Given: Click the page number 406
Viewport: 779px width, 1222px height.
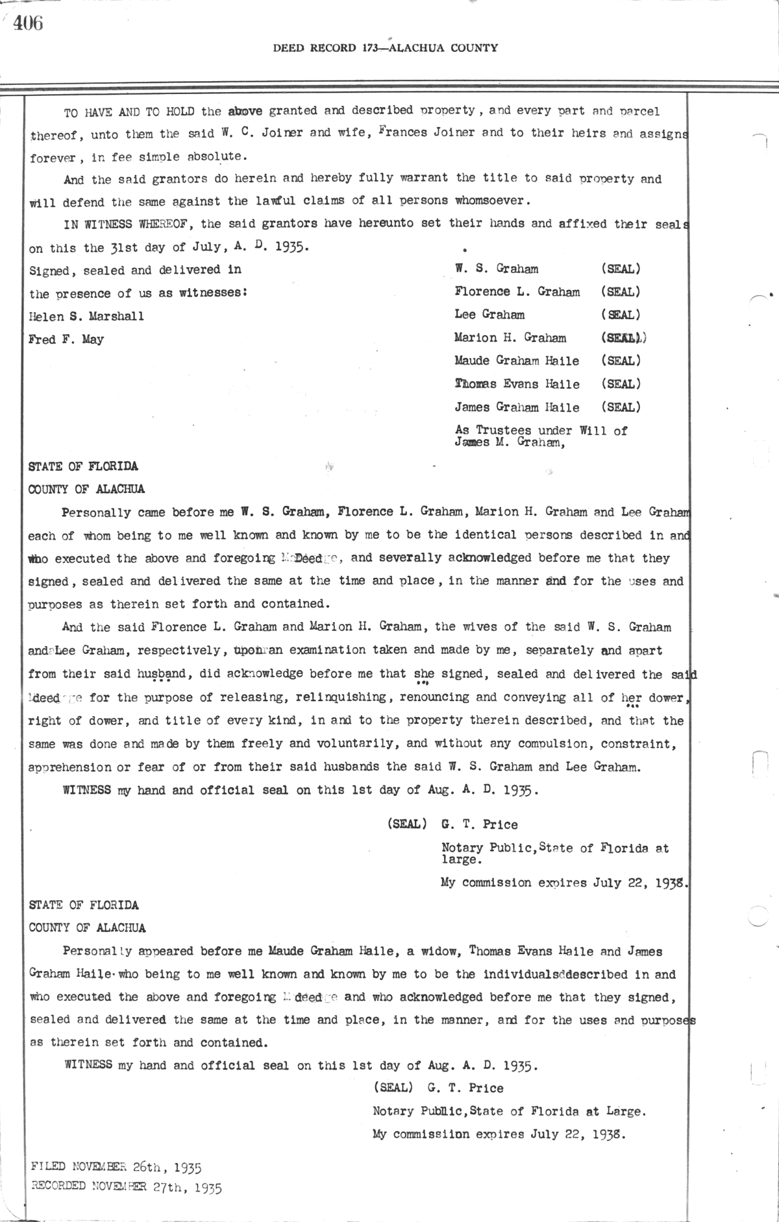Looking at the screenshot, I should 27,24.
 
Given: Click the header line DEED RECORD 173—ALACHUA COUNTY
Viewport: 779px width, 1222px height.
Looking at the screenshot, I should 385,47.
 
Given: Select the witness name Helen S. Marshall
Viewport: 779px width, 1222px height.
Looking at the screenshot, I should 86,317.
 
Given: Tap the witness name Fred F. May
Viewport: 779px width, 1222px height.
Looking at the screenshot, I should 66,339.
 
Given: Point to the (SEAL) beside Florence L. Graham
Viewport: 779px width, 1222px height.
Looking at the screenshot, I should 621,292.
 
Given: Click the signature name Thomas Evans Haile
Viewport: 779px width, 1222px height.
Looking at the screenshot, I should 517,384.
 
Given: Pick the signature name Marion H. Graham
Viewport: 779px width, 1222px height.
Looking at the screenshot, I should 510,338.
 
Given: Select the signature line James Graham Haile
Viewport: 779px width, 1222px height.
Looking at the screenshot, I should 517,407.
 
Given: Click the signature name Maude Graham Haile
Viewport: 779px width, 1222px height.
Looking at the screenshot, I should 517,361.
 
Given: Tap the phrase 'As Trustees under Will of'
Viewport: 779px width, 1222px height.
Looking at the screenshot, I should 541,430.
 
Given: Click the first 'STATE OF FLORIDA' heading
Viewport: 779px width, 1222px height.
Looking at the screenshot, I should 83,466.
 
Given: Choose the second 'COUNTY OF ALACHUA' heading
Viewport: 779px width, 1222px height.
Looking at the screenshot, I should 87,928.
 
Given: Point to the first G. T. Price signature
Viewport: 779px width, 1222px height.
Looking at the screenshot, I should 479,824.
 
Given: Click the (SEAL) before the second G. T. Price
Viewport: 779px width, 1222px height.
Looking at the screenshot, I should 392,1088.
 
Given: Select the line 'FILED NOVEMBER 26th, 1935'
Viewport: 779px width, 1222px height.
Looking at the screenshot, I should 116,1168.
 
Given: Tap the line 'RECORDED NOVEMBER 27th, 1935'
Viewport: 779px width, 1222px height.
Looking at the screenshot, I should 127,1188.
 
